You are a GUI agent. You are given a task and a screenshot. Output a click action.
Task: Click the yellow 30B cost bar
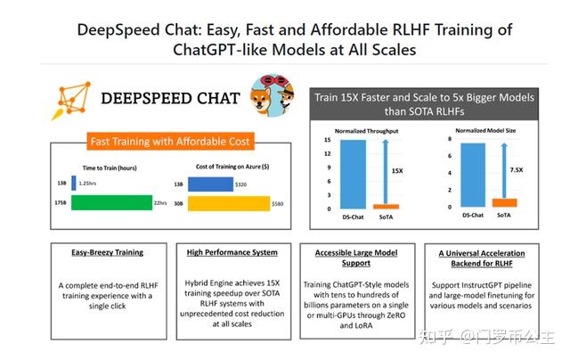pos(224,202)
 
